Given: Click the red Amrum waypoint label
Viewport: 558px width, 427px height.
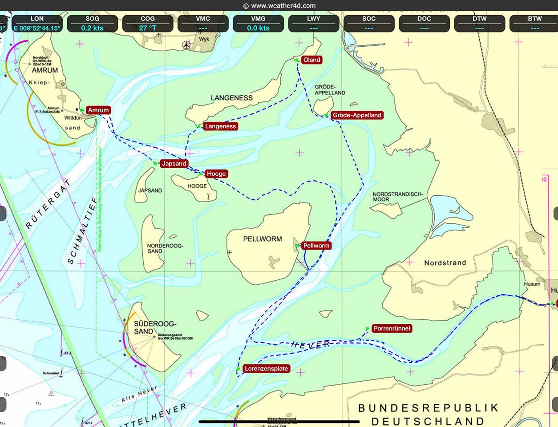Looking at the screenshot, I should pyautogui.click(x=98, y=110).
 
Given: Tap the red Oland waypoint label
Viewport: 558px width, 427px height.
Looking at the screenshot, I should pyautogui.click(x=311, y=60).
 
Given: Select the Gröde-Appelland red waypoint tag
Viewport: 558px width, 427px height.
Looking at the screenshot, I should pyautogui.click(x=357, y=115).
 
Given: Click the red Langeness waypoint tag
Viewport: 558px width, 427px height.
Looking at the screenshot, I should pyautogui.click(x=220, y=126).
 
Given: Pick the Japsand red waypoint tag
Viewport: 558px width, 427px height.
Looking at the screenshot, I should pyautogui.click(x=174, y=164).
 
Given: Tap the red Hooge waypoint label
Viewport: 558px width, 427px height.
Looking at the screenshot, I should pyautogui.click(x=216, y=174).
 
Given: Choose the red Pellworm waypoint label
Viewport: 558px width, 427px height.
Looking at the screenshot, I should pyautogui.click(x=316, y=246).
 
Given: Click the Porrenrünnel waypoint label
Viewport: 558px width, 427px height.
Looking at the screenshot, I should pyautogui.click(x=392, y=329).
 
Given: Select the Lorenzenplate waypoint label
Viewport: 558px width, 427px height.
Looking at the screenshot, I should pyautogui.click(x=266, y=369).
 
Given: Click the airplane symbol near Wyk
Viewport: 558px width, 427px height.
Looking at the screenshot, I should pyautogui.click(x=186, y=45).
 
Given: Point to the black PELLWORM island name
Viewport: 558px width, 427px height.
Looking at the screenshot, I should pyautogui.click(x=263, y=239).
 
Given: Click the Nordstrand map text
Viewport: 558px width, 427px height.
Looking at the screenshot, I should pyautogui.click(x=445, y=263).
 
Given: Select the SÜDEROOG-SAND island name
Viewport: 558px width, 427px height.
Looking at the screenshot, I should pyautogui.click(x=155, y=328).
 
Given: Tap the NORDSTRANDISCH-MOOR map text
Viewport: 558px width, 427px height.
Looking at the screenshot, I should pyautogui.click(x=397, y=197).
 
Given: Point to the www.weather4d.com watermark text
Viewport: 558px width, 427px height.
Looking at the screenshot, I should pyautogui.click(x=279, y=6).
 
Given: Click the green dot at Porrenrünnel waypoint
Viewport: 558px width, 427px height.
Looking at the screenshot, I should pyautogui.click(x=367, y=329).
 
